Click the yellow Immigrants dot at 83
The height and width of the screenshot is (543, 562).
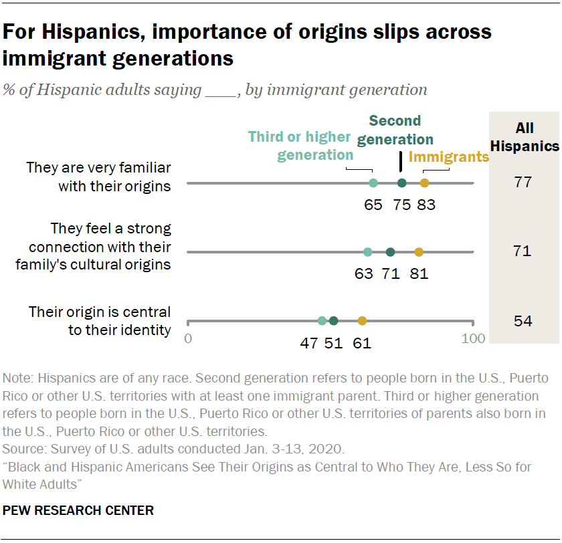click(424, 183)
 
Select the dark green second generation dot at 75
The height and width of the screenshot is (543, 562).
click(401, 183)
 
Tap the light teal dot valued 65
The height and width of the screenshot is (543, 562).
click(373, 183)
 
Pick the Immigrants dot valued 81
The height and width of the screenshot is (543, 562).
click(419, 252)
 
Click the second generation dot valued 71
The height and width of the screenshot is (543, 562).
click(391, 252)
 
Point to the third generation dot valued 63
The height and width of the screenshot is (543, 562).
click(367, 252)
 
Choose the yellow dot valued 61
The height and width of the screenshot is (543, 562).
click(362, 321)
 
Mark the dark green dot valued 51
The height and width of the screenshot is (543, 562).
click(334, 321)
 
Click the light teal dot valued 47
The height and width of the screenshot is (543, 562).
click(322, 321)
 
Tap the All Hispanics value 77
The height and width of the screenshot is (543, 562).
click(523, 182)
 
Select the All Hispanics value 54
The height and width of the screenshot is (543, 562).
click(523, 321)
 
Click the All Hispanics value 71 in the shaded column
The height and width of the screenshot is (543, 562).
click(523, 251)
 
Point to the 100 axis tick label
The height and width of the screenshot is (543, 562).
click(473, 338)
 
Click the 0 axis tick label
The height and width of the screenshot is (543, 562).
click(188, 338)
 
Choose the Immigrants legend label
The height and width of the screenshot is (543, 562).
click(448, 158)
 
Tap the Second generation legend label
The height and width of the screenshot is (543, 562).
click(395, 130)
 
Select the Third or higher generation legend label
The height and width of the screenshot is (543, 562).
click(300, 146)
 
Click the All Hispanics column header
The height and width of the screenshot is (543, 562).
click(524, 137)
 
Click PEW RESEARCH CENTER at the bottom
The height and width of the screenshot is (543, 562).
click(78, 511)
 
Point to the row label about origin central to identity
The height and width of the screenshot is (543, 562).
click(100, 320)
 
